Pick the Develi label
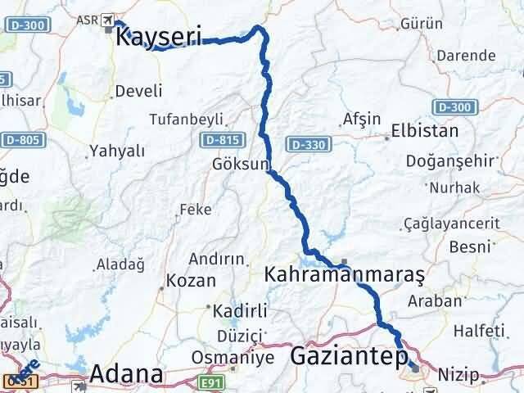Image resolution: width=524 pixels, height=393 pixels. pyautogui.click(x=138, y=91)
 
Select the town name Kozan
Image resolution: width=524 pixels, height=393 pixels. pyautogui.click(x=191, y=280)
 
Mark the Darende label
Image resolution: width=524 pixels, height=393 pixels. pyautogui.click(x=466, y=56)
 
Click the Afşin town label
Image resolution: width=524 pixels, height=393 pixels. pyautogui.click(x=363, y=119)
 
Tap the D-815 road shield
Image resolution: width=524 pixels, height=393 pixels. pyautogui.click(x=217, y=141)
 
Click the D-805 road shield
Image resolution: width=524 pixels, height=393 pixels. pyautogui.click(x=19, y=141)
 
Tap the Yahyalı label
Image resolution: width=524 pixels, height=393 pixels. pyautogui.click(x=117, y=151)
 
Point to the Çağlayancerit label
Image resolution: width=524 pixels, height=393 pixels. pyautogui.click(x=451, y=224)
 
